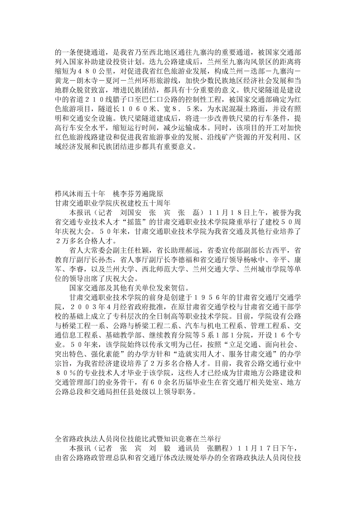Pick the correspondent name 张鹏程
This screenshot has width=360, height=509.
coord(205,449)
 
